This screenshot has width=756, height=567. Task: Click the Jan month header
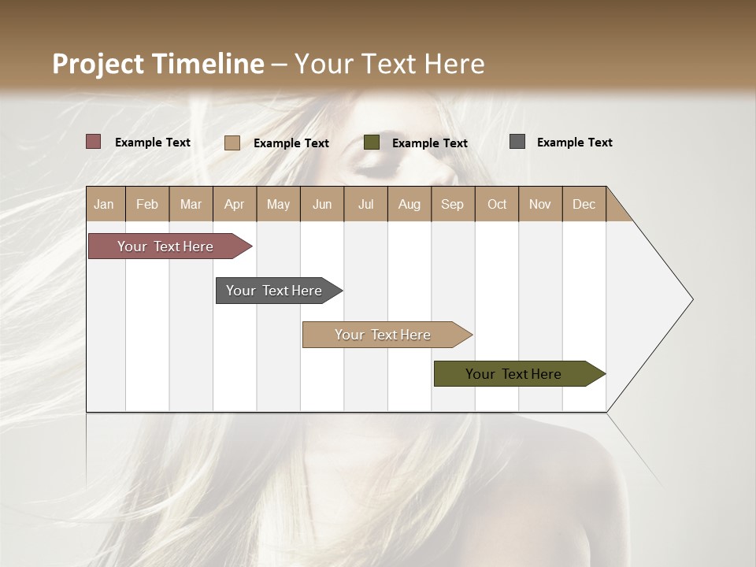pos(105,204)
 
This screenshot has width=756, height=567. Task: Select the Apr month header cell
pos(235,204)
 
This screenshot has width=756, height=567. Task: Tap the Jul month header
pos(365,204)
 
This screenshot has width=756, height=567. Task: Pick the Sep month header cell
pos(452,204)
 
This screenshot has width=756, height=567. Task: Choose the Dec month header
pos(584,204)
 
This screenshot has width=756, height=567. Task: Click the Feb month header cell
pos(147,204)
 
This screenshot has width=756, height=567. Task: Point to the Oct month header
pos(497,204)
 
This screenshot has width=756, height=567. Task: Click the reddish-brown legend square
pos(94,142)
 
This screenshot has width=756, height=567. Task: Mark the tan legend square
pos(232,143)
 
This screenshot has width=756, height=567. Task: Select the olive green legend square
pos(372,143)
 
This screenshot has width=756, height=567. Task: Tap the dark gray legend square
pos(517,142)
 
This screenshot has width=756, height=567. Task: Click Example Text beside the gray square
pos(574,143)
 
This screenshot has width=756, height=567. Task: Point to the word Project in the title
pos(98,64)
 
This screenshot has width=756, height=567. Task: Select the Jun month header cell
pos(322,204)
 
